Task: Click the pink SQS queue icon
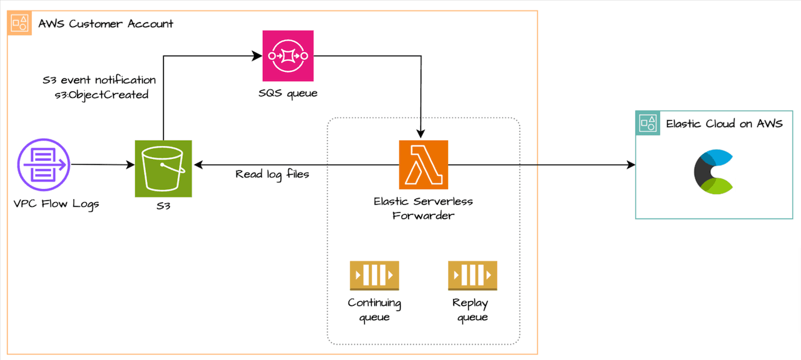[288, 56]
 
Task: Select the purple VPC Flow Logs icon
[43, 165]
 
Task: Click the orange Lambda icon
[424, 165]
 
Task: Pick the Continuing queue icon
[374, 276]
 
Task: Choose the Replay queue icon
[472, 276]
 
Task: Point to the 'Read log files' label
[272, 174]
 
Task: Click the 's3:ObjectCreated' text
[101, 95]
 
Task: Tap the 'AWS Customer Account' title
[106, 24]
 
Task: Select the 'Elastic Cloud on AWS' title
[724, 123]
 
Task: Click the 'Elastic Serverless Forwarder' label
[423, 208]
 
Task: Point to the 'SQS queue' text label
[288, 93]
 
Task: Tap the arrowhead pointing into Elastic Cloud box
[630, 165]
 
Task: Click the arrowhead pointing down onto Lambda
[421, 132]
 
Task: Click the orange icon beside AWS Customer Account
[19, 23]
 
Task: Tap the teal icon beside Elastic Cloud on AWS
[647, 123]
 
